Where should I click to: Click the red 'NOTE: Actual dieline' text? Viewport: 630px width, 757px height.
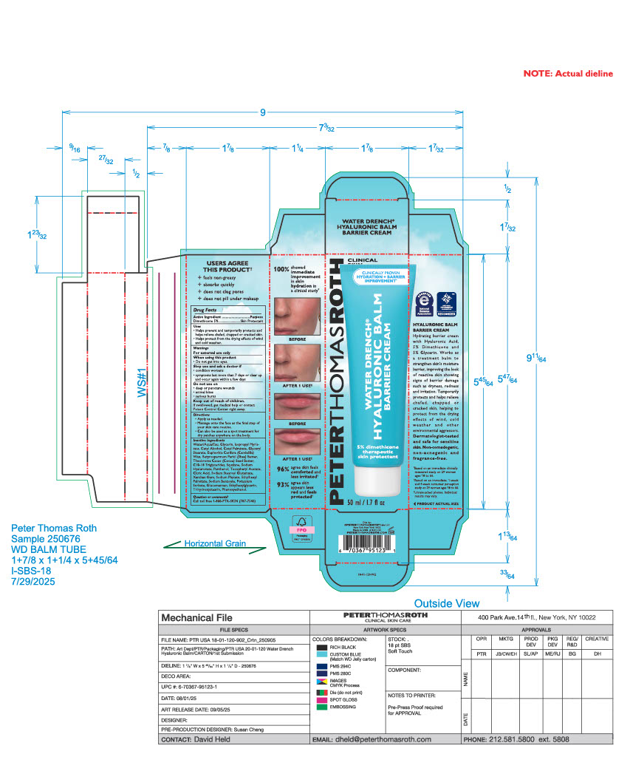click(x=578, y=74)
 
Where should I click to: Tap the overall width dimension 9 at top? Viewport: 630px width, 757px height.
click(x=261, y=112)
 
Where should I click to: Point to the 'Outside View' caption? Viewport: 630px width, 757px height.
click(x=447, y=603)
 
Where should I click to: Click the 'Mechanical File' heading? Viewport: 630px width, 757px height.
click(x=196, y=617)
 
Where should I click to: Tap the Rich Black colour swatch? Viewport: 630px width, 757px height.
click(x=321, y=648)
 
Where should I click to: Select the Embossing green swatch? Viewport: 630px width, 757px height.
click(x=321, y=707)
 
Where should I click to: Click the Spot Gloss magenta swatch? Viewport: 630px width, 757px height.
click(x=321, y=699)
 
